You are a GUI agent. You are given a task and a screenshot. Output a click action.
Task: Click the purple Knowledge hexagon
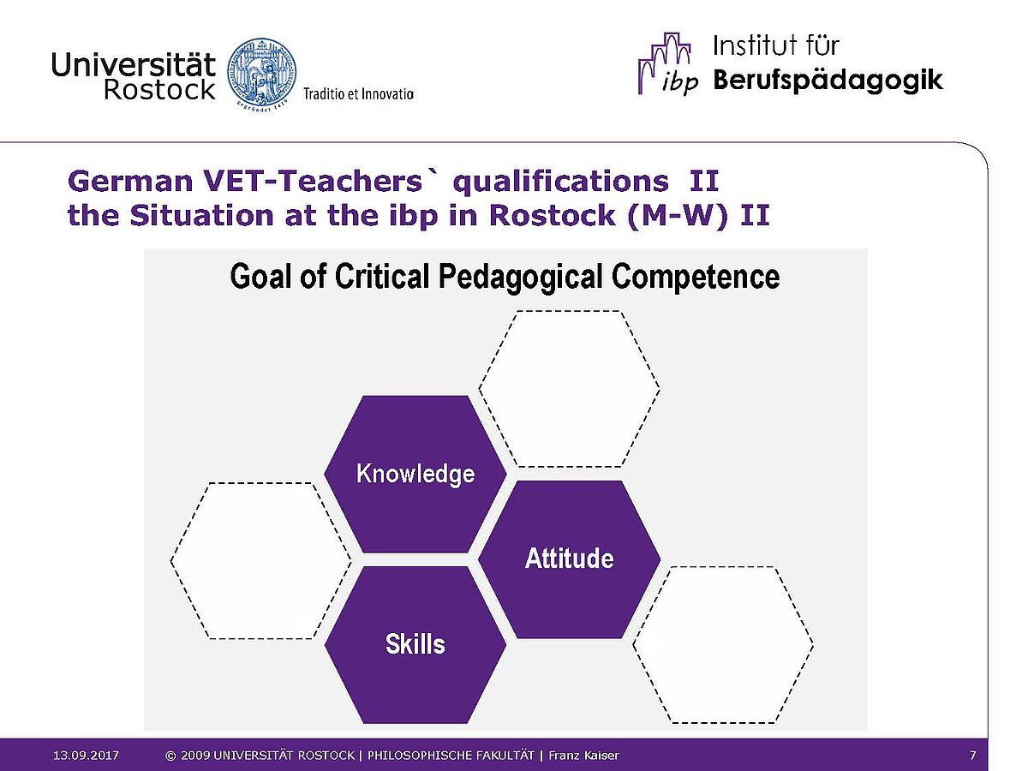(x=415, y=474)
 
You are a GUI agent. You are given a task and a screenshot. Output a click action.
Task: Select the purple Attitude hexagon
(x=569, y=559)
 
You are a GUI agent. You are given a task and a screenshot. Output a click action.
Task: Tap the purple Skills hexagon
(x=415, y=644)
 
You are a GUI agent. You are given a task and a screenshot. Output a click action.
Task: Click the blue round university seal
(x=262, y=76)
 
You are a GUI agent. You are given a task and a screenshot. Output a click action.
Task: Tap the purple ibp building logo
(x=666, y=63)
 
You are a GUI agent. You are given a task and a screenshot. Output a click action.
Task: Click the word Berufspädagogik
(x=828, y=81)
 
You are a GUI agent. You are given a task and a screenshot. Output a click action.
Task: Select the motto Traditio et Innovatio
(x=358, y=94)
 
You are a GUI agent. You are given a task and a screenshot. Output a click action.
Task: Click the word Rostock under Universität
(x=159, y=89)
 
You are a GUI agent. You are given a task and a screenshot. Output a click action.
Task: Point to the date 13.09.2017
(x=87, y=755)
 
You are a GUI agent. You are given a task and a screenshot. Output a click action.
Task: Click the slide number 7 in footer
(x=972, y=755)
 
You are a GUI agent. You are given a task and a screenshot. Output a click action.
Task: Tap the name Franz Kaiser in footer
(x=583, y=755)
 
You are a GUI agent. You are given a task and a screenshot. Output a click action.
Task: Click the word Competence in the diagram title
(x=696, y=276)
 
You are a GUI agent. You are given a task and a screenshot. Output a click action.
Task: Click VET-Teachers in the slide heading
(x=313, y=181)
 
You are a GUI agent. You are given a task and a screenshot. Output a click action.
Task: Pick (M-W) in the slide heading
(x=678, y=216)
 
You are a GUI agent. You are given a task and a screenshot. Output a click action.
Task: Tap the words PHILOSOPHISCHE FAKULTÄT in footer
(x=451, y=755)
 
